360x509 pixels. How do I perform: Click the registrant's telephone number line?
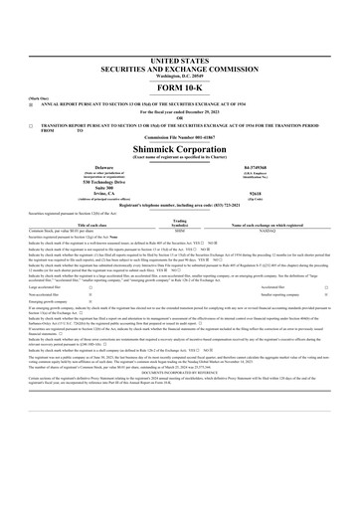179,216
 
